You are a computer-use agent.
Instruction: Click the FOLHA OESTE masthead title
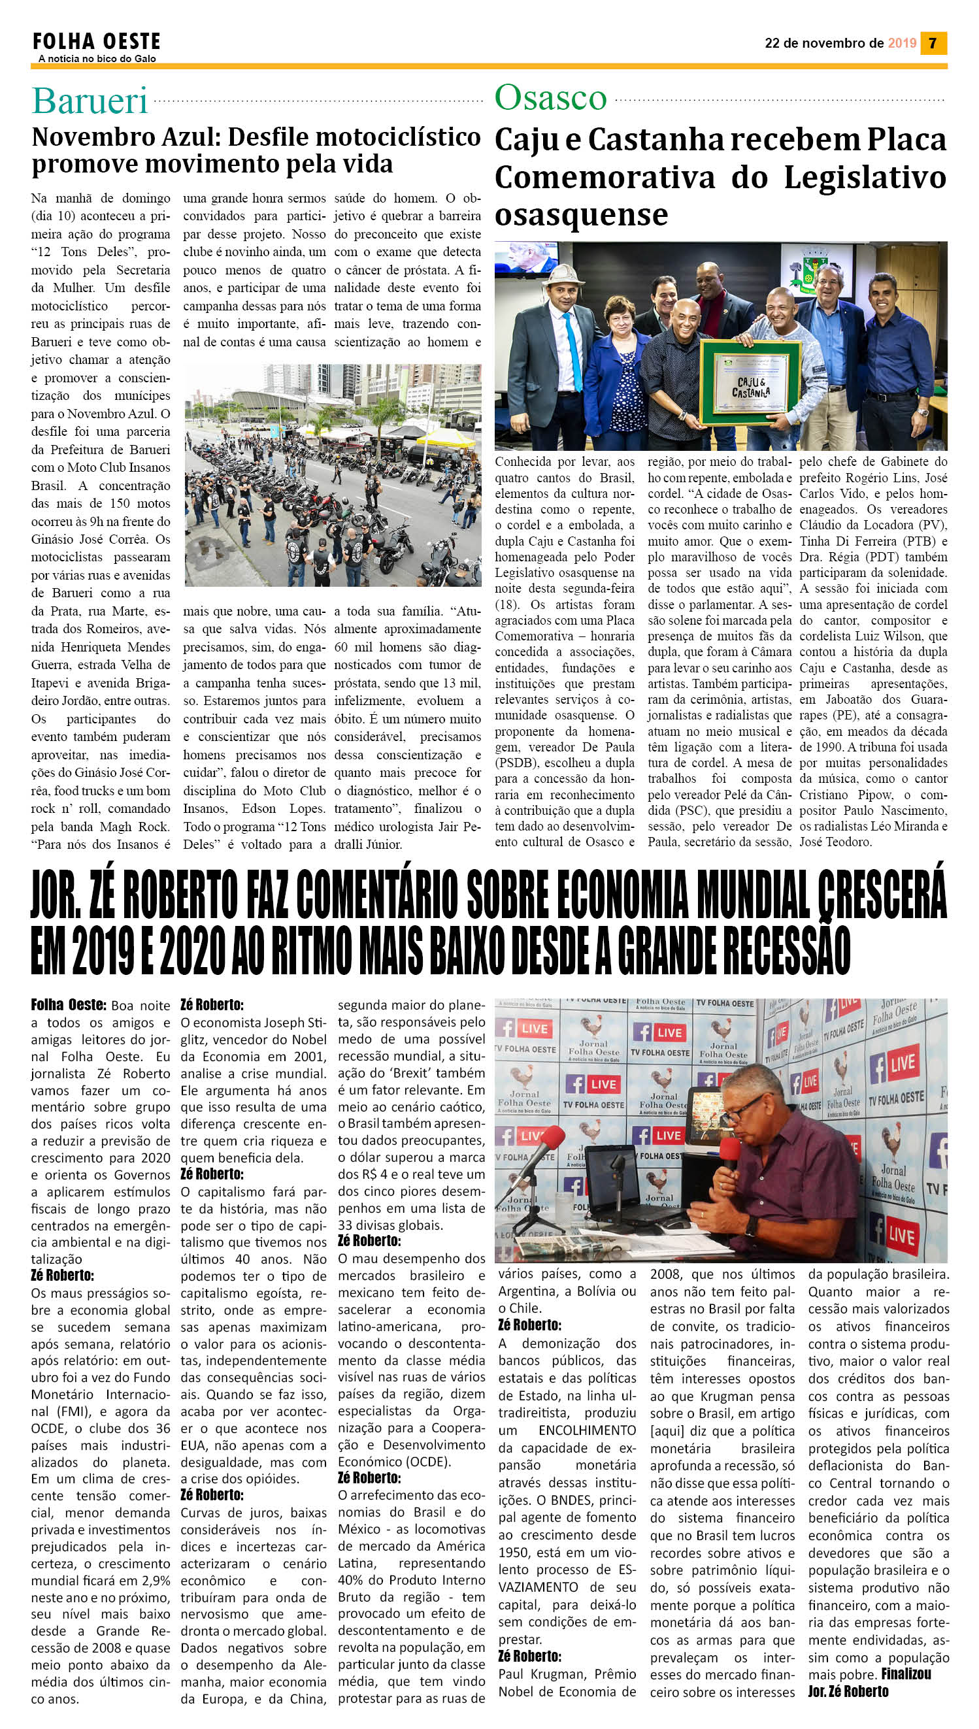(96, 42)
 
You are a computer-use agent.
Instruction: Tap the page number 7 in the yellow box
(933, 43)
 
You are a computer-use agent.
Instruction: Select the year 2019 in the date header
(902, 43)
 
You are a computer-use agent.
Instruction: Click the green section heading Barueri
(90, 101)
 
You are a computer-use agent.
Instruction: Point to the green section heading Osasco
(551, 98)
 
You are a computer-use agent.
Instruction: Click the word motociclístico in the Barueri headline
(398, 137)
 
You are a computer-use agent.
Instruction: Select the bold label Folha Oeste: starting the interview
(68, 1006)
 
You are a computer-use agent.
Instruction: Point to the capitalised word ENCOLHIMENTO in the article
(587, 1430)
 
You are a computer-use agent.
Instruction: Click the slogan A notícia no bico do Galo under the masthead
(97, 59)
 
